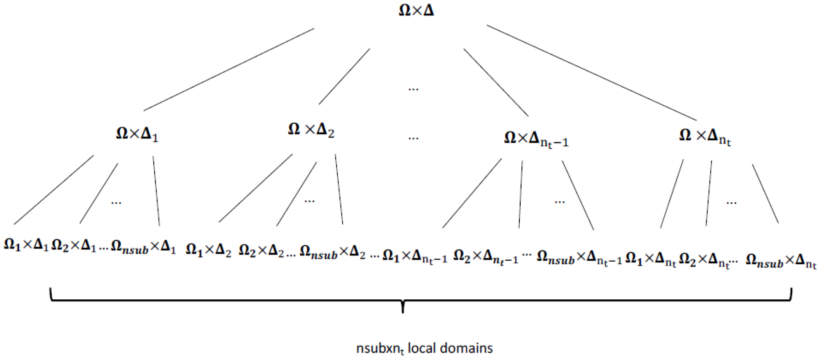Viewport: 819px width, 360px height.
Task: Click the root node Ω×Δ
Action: pyautogui.click(x=416, y=11)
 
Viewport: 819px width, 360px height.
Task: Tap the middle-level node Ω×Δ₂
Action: pyautogui.click(x=311, y=130)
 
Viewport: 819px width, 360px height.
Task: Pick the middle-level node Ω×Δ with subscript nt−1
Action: pyautogui.click(x=536, y=139)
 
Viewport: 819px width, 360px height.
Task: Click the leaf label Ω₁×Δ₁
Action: pyautogui.click(x=26, y=245)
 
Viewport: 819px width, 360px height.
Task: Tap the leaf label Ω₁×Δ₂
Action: pyautogui.click(x=208, y=250)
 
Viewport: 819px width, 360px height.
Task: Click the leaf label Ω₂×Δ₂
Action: pyautogui.click(x=261, y=250)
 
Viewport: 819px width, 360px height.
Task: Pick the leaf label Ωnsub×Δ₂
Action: pyautogui.click(x=332, y=254)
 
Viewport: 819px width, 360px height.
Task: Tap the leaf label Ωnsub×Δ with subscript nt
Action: pyautogui.click(x=781, y=261)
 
